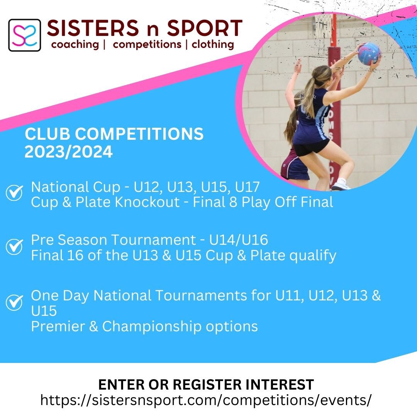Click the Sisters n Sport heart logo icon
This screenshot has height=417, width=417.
point(24,35)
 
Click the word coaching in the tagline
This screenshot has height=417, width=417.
point(75,44)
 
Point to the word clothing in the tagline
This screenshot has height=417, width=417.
point(213,44)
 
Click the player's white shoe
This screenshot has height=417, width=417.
point(341,186)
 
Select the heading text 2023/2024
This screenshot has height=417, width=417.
point(68,152)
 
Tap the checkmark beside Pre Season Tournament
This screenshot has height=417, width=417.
point(15,246)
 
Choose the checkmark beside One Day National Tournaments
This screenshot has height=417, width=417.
point(15,302)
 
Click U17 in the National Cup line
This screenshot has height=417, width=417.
point(247,188)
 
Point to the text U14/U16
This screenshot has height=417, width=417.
point(238,240)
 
